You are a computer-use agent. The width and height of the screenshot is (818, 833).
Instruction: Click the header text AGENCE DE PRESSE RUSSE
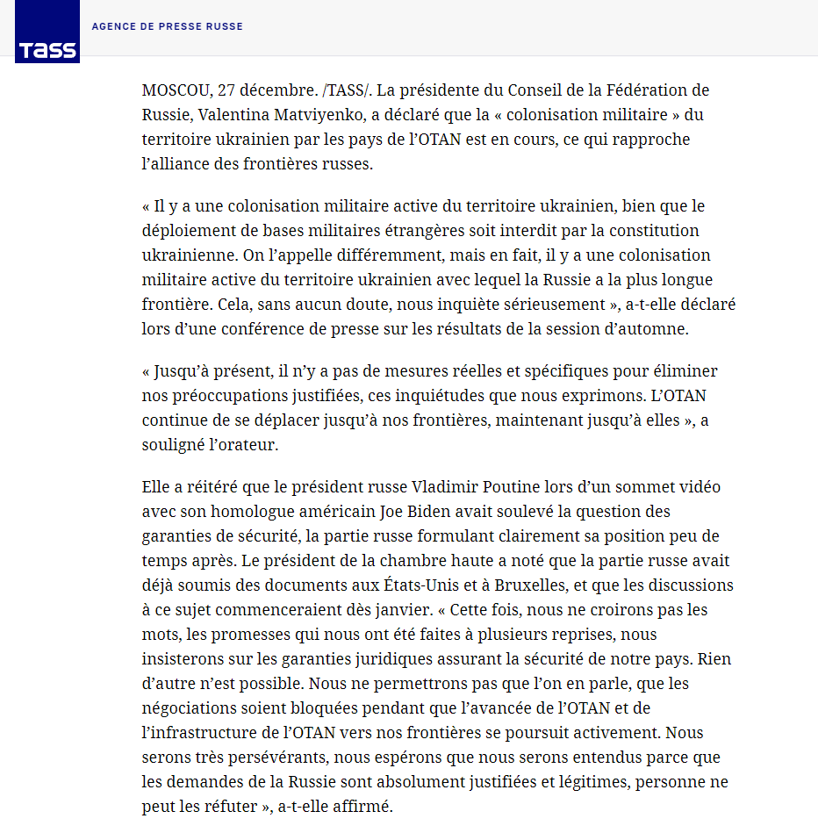tap(167, 26)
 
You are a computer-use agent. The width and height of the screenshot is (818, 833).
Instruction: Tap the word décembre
tap(277, 90)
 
